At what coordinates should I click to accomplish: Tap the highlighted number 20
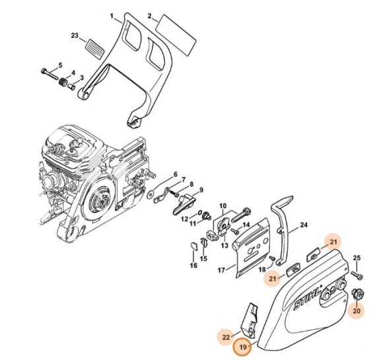(357, 310)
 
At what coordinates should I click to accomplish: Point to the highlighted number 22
(225, 337)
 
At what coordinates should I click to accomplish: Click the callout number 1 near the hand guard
(112, 15)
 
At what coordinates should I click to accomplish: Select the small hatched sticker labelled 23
(94, 48)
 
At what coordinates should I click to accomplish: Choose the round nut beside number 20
(357, 293)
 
